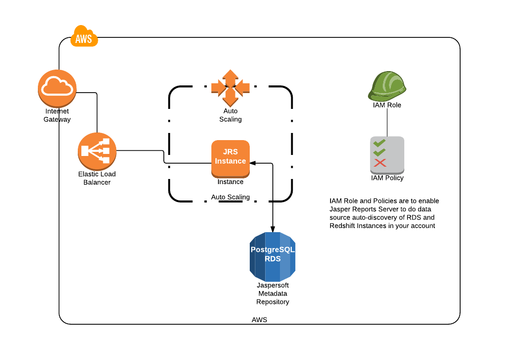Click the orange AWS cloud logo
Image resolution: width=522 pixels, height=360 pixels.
click(x=84, y=37)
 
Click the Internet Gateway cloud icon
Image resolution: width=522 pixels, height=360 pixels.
click(x=57, y=88)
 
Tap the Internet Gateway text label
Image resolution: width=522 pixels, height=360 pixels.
click(x=57, y=115)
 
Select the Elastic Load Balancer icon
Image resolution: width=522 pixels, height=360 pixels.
click(x=97, y=151)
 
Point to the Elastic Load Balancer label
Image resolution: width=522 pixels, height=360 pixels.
click(x=97, y=178)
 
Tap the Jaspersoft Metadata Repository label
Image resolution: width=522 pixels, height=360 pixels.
click(x=272, y=294)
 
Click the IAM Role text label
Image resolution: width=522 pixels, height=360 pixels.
click(x=387, y=105)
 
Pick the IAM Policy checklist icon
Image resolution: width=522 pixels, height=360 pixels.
click(x=387, y=154)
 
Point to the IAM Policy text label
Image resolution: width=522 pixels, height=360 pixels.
click(x=387, y=178)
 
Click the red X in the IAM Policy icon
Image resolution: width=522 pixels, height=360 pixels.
click(x=380, y=163)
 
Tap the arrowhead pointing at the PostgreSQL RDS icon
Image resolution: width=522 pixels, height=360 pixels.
click(x=272, y=230)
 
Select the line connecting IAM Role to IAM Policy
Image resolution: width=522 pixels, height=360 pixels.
click(x=387, y=123)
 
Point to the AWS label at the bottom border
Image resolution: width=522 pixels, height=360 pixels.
click(x=259, y=320)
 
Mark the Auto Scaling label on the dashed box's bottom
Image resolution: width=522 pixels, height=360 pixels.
click(x=230, y=197)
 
